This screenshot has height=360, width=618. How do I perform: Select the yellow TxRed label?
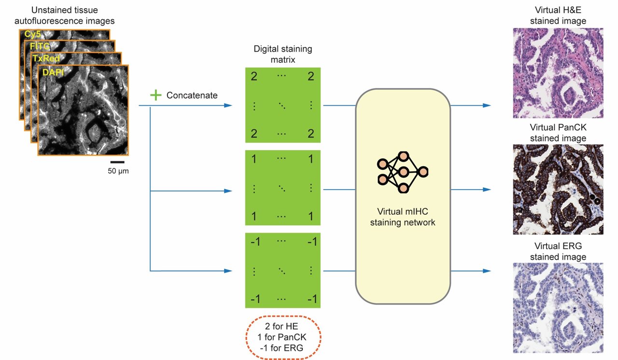point(46,58)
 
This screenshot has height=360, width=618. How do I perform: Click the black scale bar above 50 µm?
point(117,162)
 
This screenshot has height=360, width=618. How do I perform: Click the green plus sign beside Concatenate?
point(155,95)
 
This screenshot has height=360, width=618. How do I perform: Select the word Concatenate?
point(192,96)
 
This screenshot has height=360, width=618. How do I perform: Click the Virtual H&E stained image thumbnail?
point(558,73)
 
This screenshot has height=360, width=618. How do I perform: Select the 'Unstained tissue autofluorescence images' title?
point(73,15)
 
